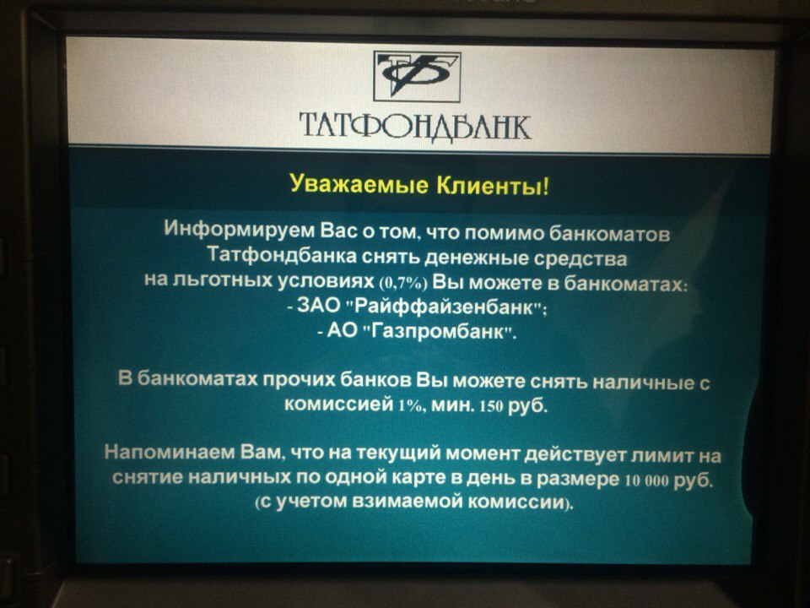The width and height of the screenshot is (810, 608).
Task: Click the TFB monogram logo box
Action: (x=417, y=77)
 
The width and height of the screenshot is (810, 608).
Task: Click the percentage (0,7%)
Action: (x=403, y=284)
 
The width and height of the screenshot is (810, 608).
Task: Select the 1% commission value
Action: (x=410, y=405)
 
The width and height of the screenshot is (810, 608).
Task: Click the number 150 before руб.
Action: (x=491, y=406)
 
